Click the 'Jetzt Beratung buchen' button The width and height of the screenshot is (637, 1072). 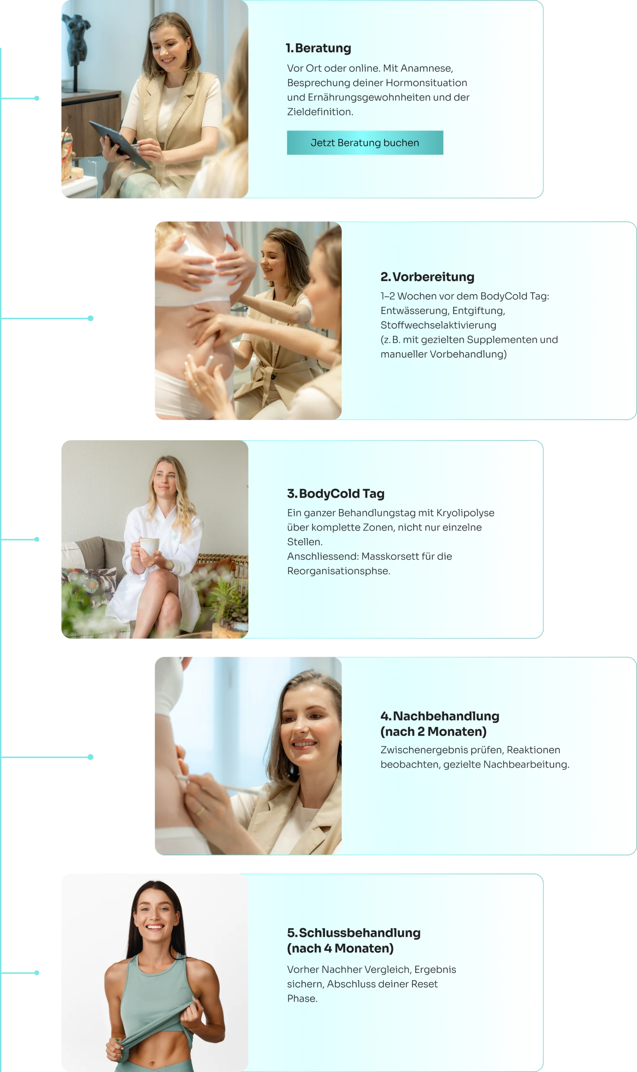pos(365,143)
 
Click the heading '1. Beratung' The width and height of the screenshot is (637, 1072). pos(318,48)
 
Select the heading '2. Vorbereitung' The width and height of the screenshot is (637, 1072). pos(427,277)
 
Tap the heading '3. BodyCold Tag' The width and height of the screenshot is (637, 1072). pos(336,494)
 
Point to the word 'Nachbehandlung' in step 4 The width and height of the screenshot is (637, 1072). pos(446,716)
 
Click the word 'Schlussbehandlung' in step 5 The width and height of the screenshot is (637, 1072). pos(360,933)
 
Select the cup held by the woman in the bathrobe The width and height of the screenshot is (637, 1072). pos(149,546)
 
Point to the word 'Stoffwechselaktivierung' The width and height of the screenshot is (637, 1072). pos(438,325)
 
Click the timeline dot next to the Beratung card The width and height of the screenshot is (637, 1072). pos(37,98)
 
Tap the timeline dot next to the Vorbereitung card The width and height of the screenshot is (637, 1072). pos(91,318)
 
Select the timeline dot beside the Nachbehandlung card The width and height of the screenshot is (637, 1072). pos(91,757)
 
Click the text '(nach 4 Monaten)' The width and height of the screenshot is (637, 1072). pos(340,948)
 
